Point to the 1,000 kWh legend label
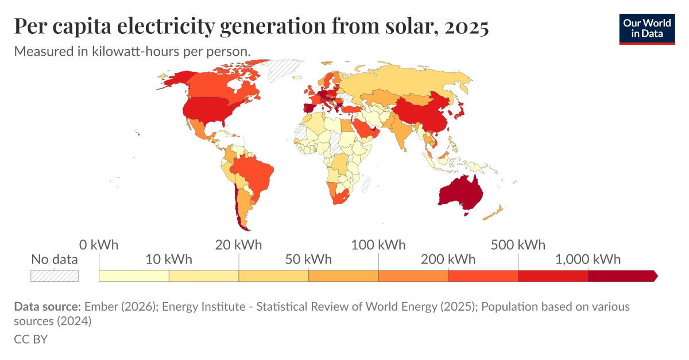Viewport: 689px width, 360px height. [588, 259]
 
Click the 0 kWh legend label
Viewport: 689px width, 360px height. [99, 245]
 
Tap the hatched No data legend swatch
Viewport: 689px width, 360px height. [55, 276]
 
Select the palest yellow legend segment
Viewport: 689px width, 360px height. [134, 276]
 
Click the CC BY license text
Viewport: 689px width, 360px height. [30, 339]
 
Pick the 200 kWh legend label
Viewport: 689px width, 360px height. [448, 259]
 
